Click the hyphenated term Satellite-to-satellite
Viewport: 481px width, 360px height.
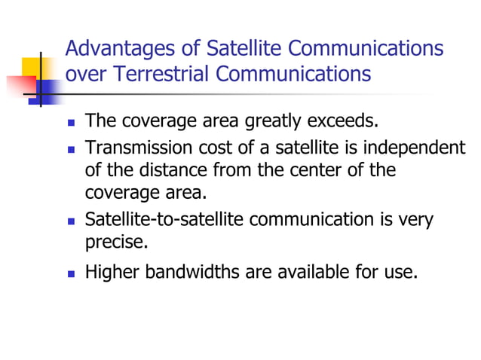pyautogui.click(x=164, y=220)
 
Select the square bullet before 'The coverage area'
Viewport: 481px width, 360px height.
pyautogui.click(x=71, y=122)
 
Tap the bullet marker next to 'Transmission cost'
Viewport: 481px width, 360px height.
pyautogui.click(x=71, y=148)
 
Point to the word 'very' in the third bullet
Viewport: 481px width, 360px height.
pyautogui.click(x=416, y=220)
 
